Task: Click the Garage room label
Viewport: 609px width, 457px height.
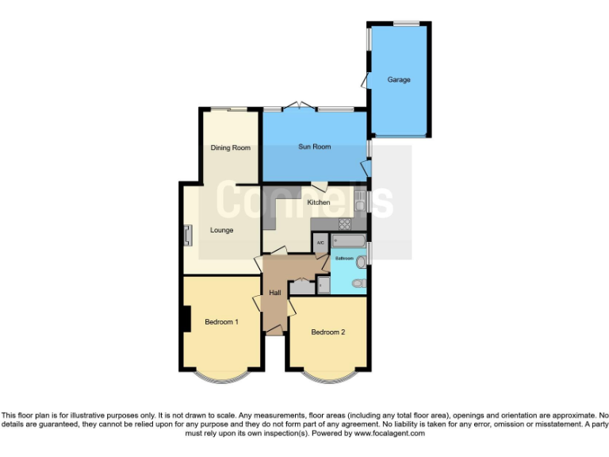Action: pos(399,80)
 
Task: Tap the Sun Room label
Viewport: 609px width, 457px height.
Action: pos(315,147)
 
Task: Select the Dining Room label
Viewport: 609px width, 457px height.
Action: pos(230,148)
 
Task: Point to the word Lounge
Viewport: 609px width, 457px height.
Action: pos(221,230)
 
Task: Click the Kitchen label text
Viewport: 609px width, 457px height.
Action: pos(319,202)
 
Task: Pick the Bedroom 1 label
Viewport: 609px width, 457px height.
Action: pos(221,321)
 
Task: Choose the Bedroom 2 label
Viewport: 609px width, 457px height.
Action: pos(327,332)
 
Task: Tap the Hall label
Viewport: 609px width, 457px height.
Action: pos(275,293)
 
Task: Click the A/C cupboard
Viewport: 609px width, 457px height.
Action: pos(320,243)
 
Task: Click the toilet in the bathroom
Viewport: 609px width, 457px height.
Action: pos(359,282)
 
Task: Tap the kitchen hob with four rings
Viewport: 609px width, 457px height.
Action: pos(345,224)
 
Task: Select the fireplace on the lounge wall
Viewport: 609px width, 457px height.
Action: pos(188,235)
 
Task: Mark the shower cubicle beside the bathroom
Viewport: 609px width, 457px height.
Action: pos(324,285)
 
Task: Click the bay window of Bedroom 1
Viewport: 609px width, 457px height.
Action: pos(221,377)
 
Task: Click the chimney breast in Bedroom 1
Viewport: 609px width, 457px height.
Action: pos(185,320)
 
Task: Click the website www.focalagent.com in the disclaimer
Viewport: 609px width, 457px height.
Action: pos(389,433)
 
